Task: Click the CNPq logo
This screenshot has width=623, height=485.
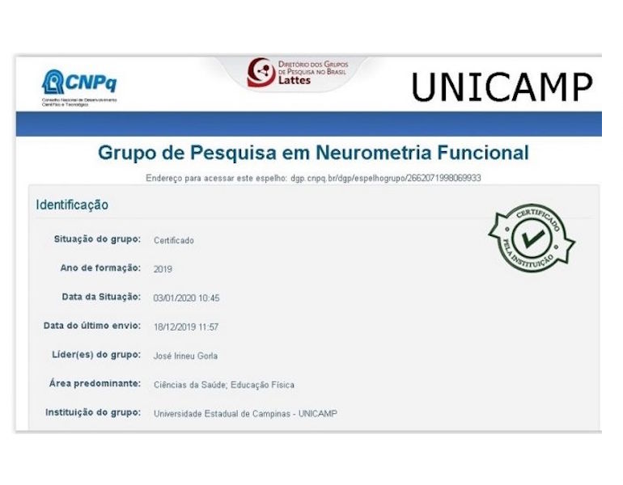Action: pos(79,84)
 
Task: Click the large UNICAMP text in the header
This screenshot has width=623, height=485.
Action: pos(502,87)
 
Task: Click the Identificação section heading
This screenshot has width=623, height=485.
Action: pos(72,205)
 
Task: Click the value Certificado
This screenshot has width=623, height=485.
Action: pos(173,240)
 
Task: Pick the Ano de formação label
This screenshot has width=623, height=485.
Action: pos(101,268)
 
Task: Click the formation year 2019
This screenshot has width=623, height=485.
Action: pos(163,269)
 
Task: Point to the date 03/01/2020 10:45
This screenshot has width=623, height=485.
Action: pos(186,298)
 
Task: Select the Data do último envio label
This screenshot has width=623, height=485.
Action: pos(92,327)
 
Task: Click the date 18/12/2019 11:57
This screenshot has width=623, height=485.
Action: pos(186,327)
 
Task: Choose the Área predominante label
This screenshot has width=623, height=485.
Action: pos(96,384)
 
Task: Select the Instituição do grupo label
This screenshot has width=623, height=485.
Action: pos(94,413)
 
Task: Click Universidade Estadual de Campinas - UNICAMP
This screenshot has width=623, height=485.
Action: pos(245,414)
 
